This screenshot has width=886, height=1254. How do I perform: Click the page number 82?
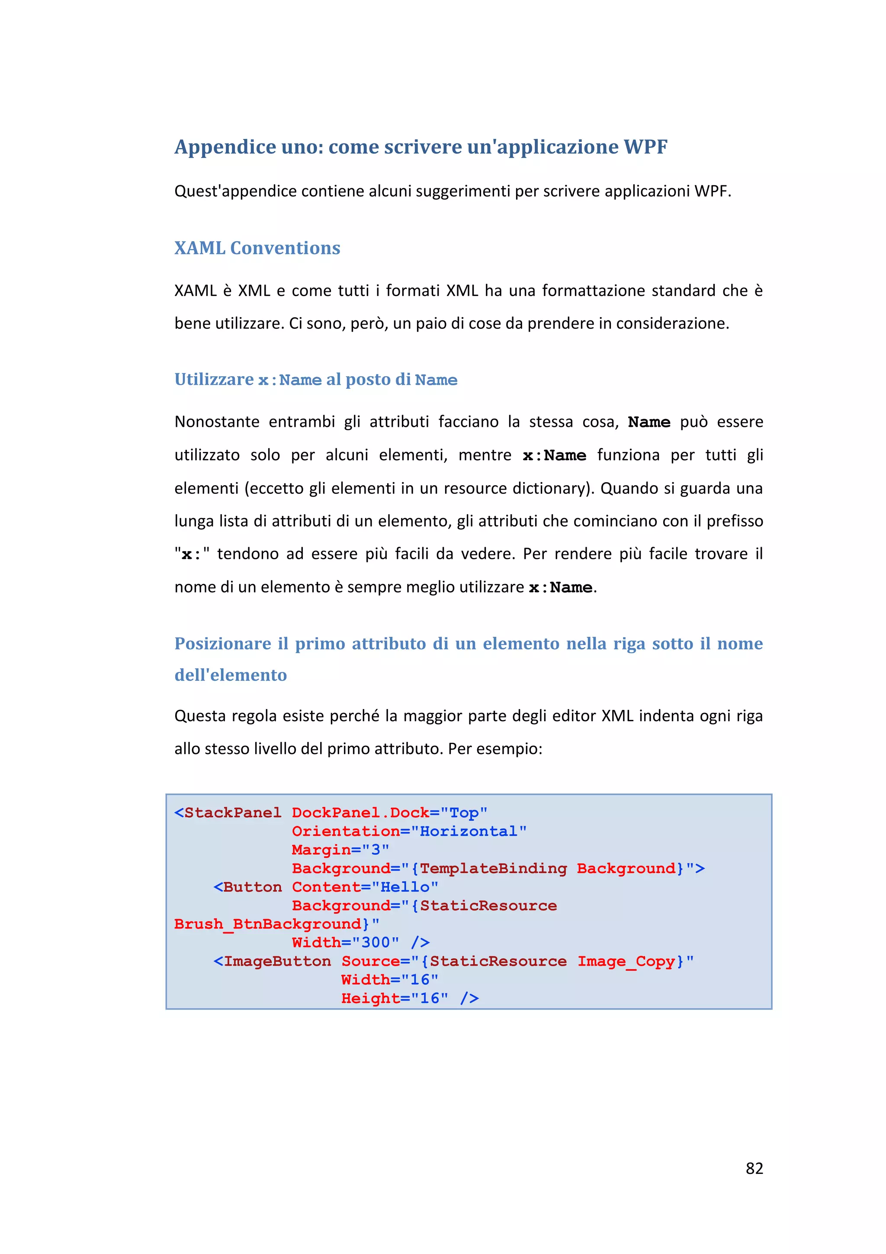[x=754, y=1168]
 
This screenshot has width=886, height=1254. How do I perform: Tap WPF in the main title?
[x=645, y=146]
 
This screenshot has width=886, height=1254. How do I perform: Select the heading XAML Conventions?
[x=257, y=248]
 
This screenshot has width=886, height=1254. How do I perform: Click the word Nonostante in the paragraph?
[x=217, y=422]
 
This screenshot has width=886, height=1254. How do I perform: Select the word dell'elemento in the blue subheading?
[x=231, y=675]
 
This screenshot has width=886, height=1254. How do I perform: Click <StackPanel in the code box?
[x=228, y=812]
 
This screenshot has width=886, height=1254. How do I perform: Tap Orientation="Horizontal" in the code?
[x=409, y=831]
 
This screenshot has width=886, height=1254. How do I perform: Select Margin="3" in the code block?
[x=340, y=850]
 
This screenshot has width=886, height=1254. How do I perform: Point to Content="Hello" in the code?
[x=365, y=887]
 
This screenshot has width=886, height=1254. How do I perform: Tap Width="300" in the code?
[x=345, y=943]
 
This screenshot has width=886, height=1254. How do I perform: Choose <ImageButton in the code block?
[x=272, y=961]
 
